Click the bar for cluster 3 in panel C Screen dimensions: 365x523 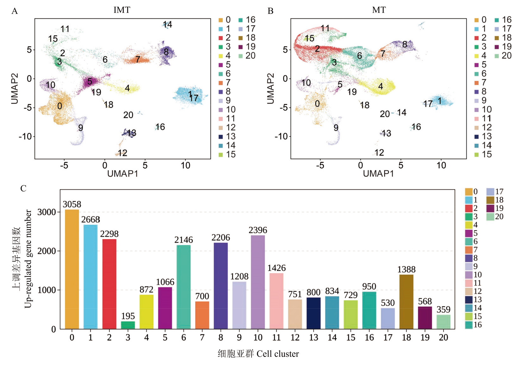(x=128, y=325)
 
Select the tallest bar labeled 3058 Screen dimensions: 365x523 (x=72, y=269)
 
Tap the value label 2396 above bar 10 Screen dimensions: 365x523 (x=258, y=230)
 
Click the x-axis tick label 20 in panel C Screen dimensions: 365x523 (x=443, y=337)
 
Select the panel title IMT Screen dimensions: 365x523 (x=122, y=10)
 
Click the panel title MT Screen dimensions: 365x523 (x=379, y=10)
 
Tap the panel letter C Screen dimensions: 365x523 (x=23, y=189)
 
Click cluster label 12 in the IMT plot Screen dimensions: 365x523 (x=122, y=153)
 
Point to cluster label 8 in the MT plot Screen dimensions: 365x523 (x=405, y=44)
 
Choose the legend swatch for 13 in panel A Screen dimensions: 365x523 (x=221, y=137)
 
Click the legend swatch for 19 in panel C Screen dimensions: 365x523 (x=490, y=208)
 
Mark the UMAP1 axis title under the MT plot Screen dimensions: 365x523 (x=378, y=173)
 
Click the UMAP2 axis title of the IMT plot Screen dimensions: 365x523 (x=15, y=89)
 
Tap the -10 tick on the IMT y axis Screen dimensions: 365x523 (x=25, y=136)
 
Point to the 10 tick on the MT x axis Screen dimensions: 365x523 (x=441, y=165)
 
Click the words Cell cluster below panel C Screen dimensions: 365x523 (x=277, y=354)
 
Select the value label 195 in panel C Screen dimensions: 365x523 (x=128, y=316)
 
